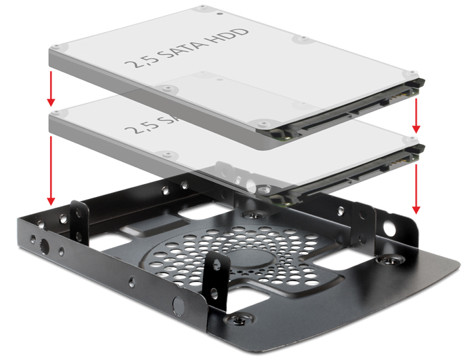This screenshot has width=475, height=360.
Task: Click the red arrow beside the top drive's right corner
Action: click(417, 113)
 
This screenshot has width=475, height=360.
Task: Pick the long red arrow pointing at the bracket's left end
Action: click(50, 170)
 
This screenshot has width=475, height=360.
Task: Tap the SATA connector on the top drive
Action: click(339, 115)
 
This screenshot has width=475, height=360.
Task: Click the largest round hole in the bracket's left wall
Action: click(45, 245)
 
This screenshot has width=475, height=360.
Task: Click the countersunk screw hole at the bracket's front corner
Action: click(237, 316)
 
